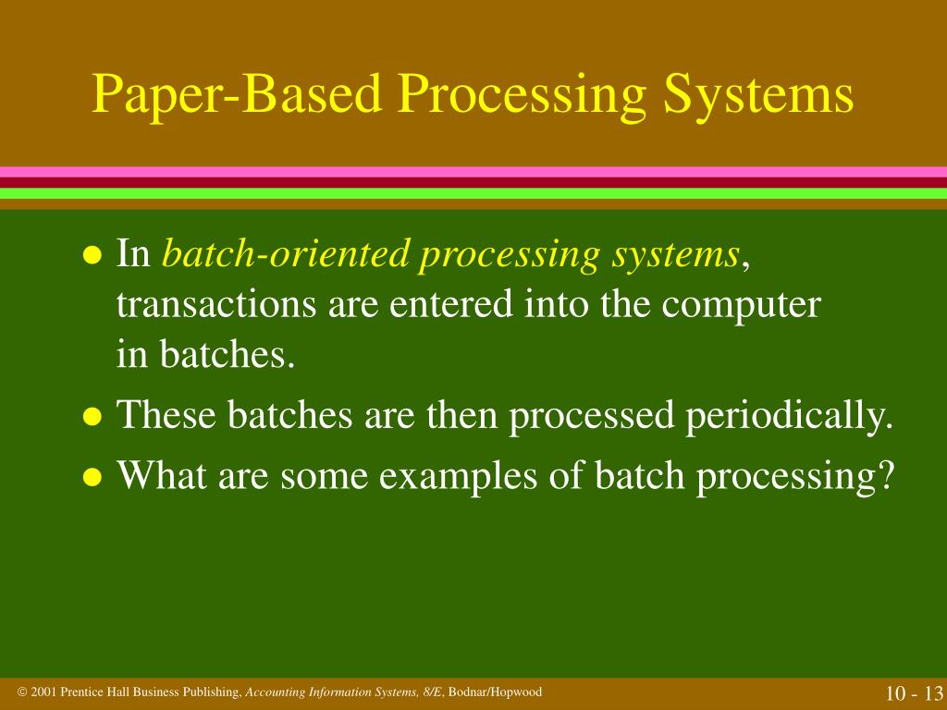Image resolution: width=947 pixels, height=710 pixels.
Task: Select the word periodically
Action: click(789, 416)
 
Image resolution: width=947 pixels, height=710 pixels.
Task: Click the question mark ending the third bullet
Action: click(887, 475)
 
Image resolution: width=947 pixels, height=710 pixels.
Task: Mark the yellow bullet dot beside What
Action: click(92, 478)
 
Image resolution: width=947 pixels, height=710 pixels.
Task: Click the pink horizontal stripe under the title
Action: click(473, 172)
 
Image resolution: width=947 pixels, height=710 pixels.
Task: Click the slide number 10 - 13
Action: click(912, 694)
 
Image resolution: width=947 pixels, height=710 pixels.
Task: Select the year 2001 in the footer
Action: click(44, 692)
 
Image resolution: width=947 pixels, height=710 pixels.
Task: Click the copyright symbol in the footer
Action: click(22, 692)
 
